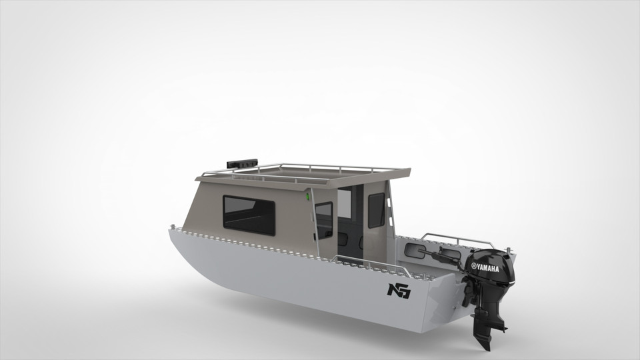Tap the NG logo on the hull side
(x=399, y=290)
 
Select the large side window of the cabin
(x=248, y=215)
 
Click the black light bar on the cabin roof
(x=241, y=161)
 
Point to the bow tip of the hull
(x=171, y=230)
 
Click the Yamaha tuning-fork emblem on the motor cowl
(x=475, y=266)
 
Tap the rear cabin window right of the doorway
(x=376, y=210)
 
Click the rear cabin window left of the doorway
(x=323, y=220)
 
